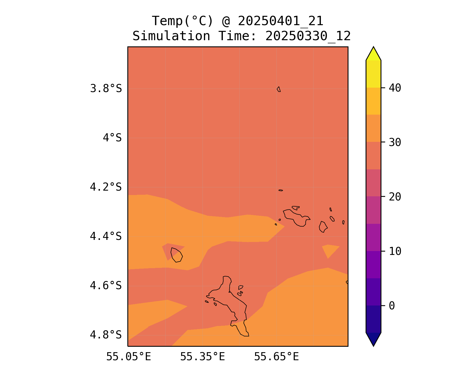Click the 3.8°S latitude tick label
(106, 89)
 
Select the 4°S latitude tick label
(112, 138)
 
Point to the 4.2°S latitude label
(106, 187)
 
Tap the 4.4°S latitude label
(106, 236)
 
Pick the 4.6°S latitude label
(106, 286)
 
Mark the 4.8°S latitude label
(106, 335)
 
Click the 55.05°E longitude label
(129, 357)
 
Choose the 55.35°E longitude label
(202, 357)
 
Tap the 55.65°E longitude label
(276, 357)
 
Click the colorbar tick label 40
(395, 88)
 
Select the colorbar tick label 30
(395, 142)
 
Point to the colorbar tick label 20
(395, 197)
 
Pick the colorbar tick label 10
(395, 251)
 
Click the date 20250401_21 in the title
(280, 21)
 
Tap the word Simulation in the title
(171, 36)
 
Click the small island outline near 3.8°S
(279, 89)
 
